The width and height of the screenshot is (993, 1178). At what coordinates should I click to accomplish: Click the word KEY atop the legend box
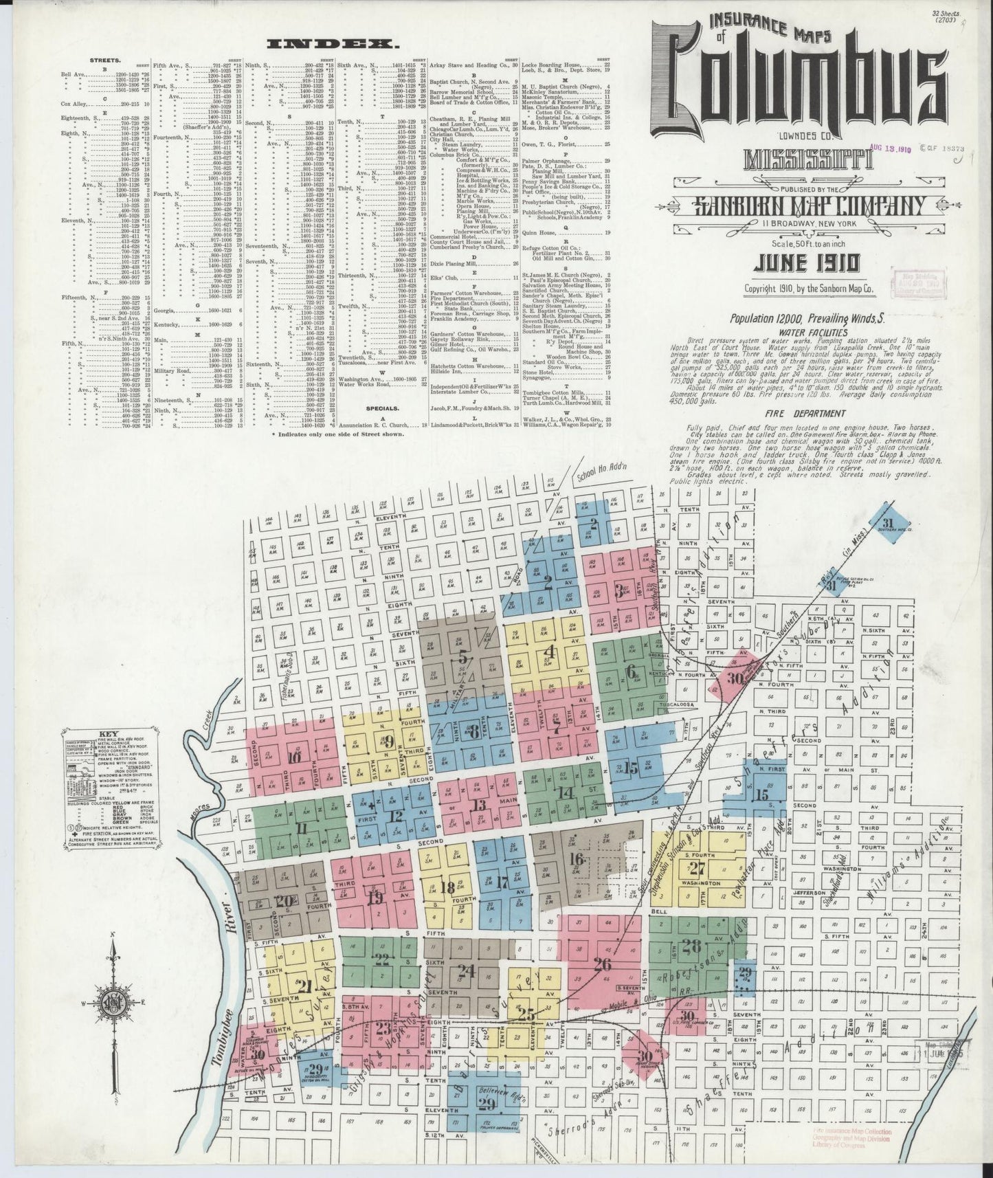point(109,733)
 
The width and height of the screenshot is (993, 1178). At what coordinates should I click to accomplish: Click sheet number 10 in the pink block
point(295,758)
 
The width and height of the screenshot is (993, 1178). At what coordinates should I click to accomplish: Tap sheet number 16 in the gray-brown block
point(576,860)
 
